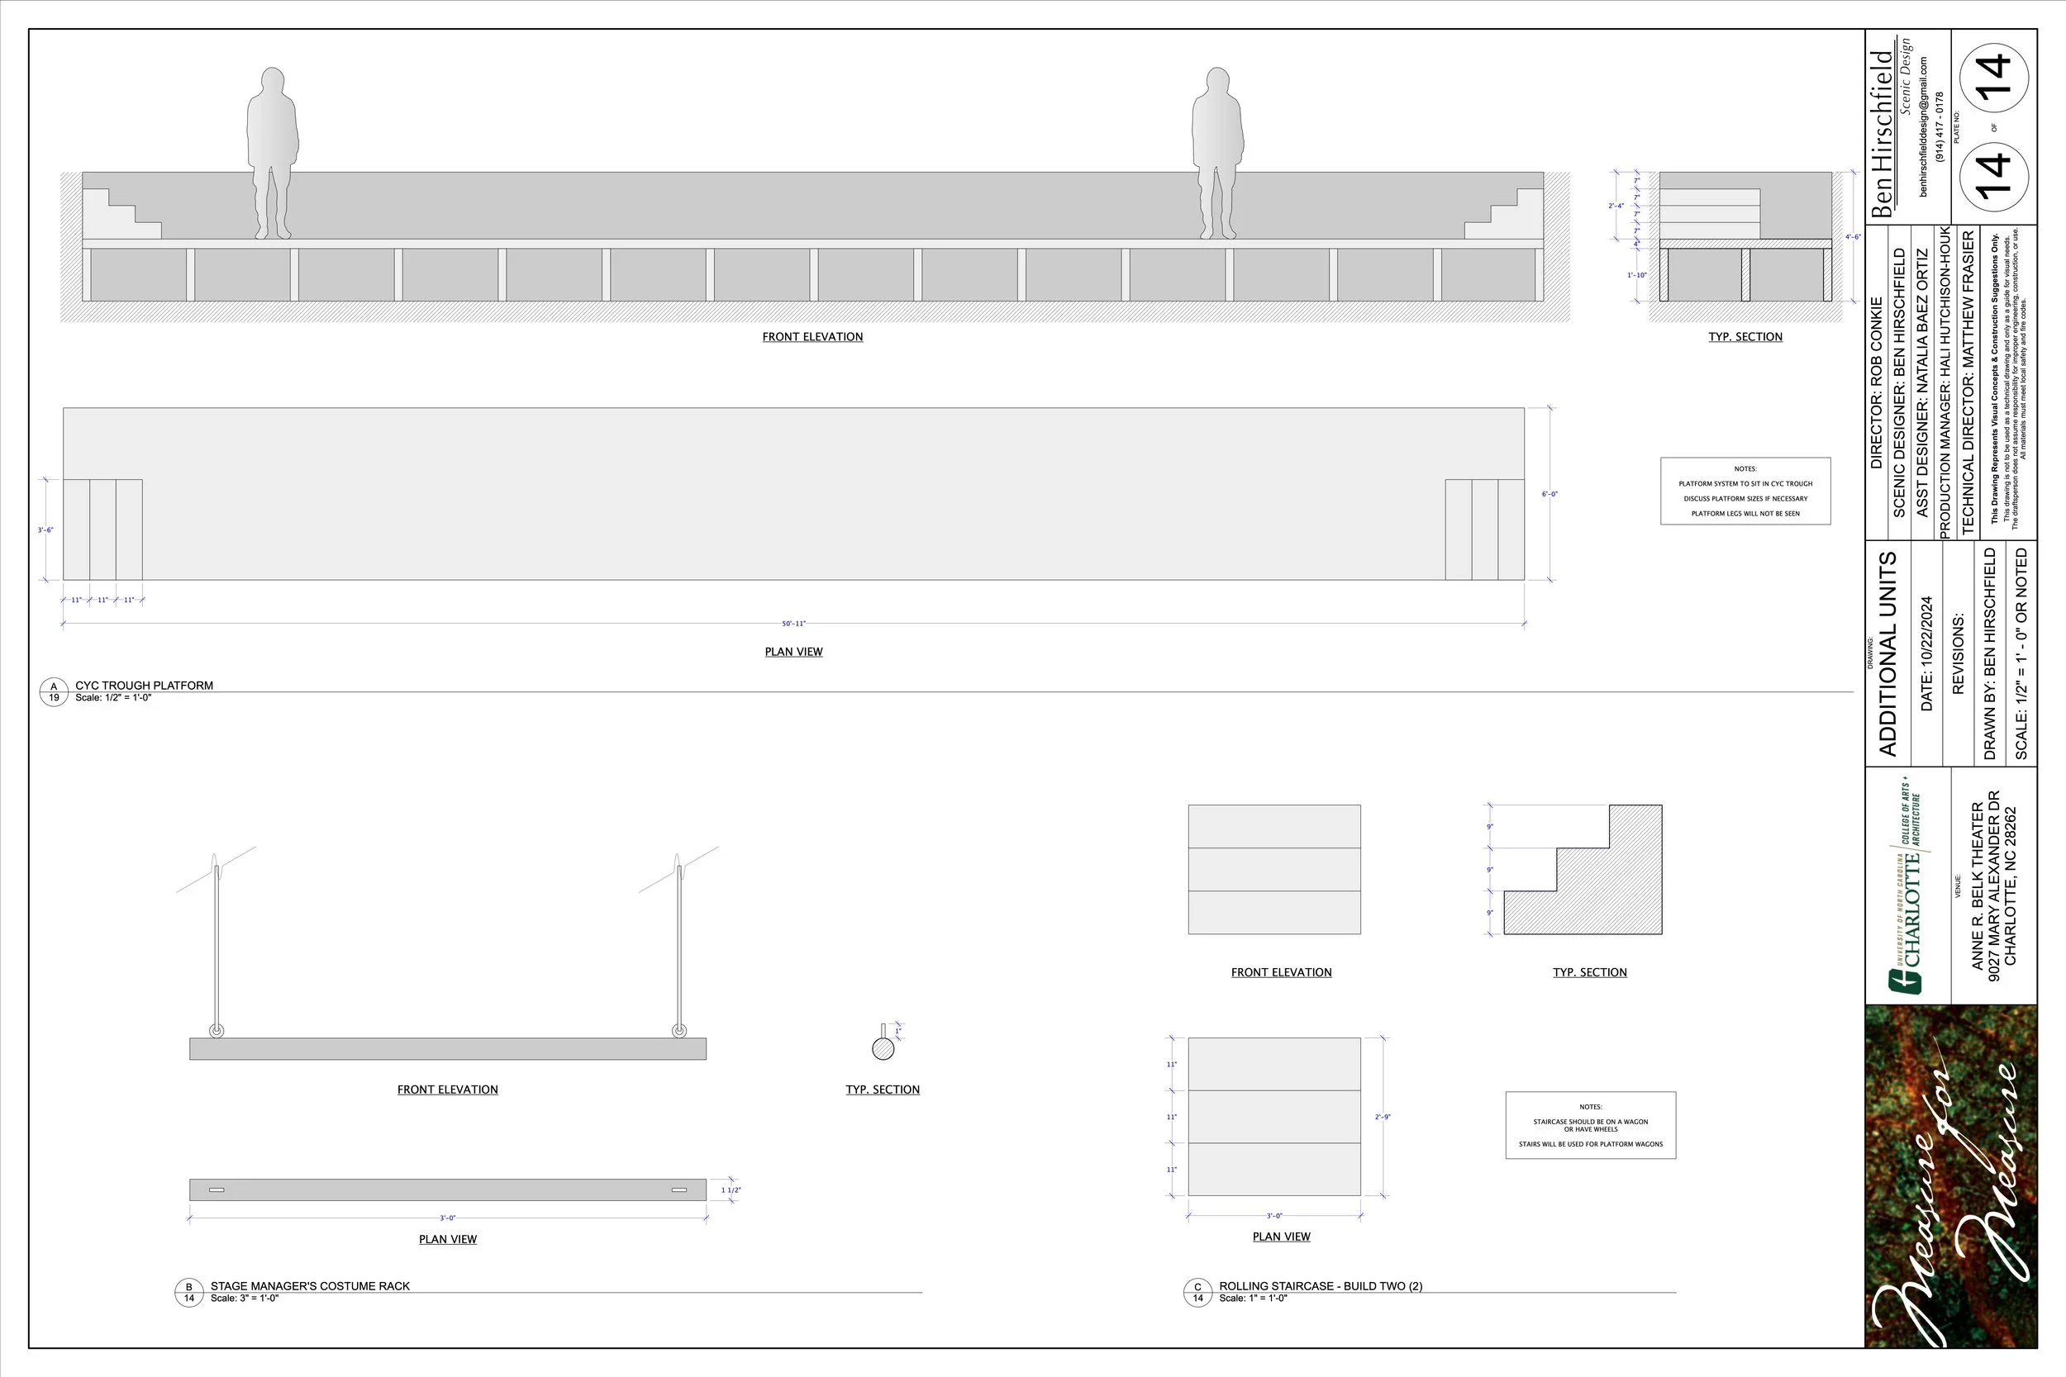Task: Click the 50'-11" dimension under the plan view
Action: coord(793,624)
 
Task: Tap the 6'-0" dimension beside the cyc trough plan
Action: coord(1549,495)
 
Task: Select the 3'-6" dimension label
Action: coord(45,530)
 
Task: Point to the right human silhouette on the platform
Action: coord(1217,154)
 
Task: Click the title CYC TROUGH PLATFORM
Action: coord(144,686)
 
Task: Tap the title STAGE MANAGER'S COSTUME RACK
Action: coord(310,1285)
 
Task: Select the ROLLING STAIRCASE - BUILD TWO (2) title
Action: coord(1321,1285)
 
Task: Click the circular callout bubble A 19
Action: coord(54,692)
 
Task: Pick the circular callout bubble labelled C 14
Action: coord(1197,1292)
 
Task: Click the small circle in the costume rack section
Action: coord(883,1047)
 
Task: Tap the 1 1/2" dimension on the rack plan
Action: coord(731,1191)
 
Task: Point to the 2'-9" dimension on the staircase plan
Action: coord(1383,1117)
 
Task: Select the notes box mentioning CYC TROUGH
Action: coord(1745,491)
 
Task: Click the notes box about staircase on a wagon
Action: coord(1590,1125)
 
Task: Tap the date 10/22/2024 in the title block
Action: coord(1927,653)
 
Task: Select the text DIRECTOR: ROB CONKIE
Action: coord(1876,382)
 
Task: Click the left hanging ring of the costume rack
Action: coord(216,1030)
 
